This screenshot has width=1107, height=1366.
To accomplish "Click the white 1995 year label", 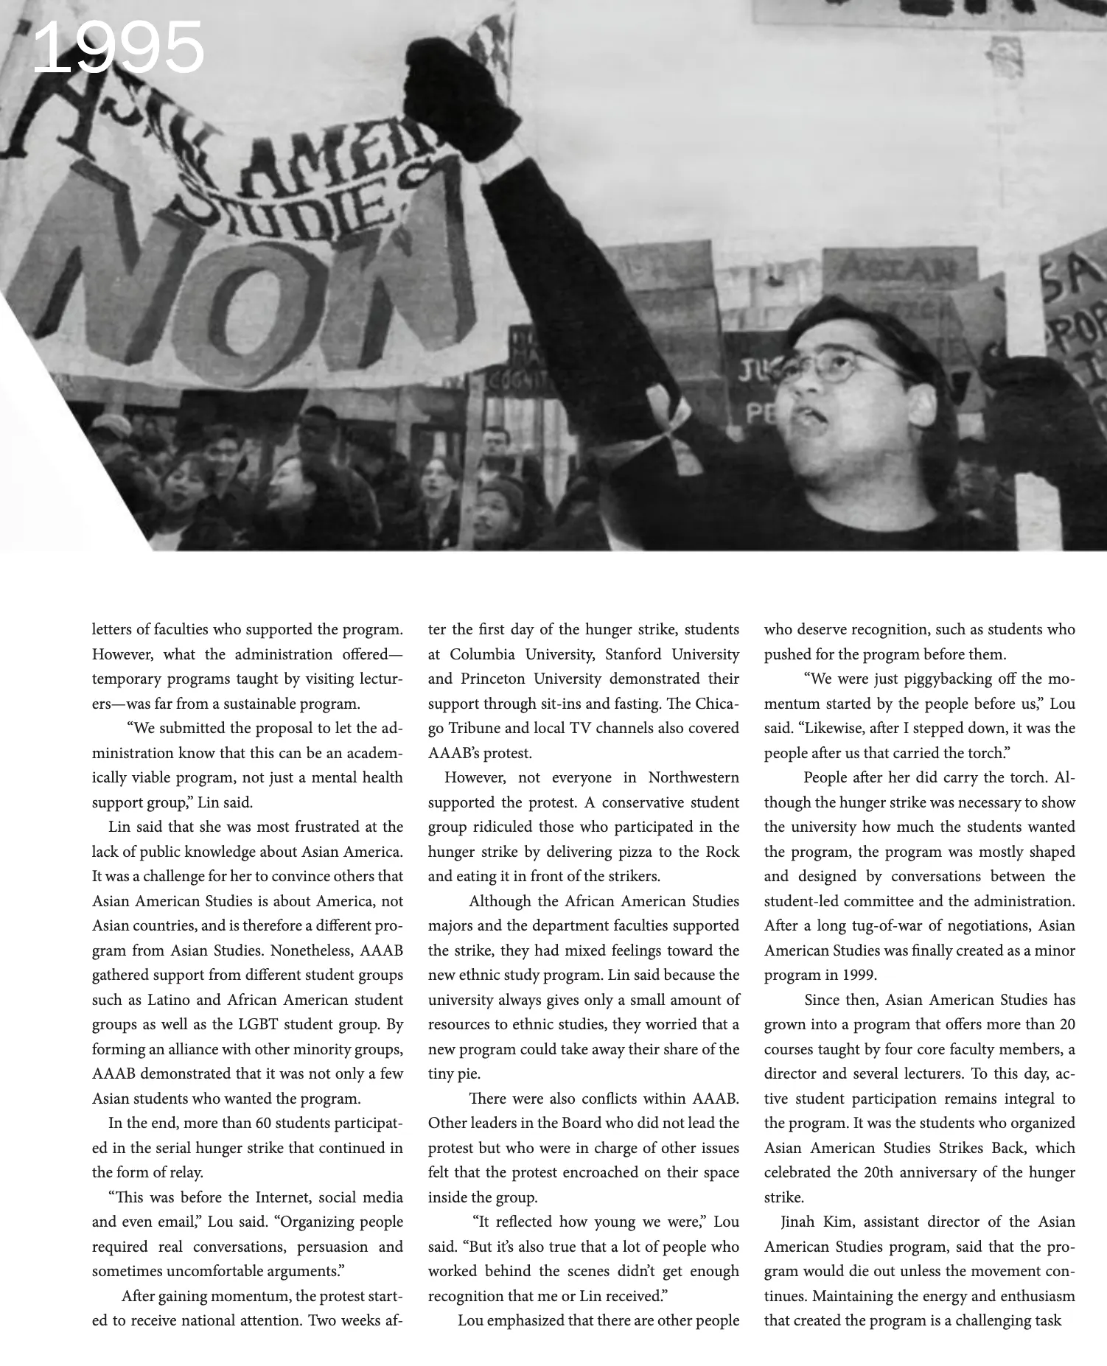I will click(x=118, y=48).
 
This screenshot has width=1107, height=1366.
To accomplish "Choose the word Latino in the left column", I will click(x=170, y=1000).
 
